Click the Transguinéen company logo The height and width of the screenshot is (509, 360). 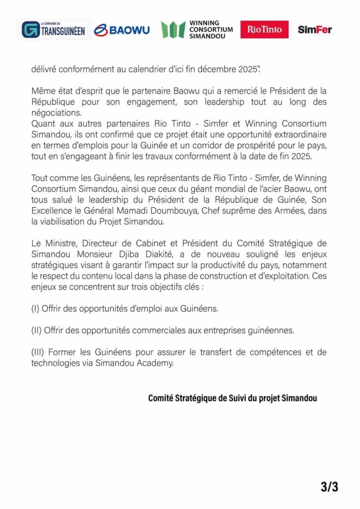pyautogui.click(x=54, y=30)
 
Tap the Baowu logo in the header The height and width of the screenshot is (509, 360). pyautogui.click(x=121, y=30)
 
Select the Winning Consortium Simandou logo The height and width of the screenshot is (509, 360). pyautogui.click(x=197, y=30)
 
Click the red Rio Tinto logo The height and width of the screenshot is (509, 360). pyautogui.click(x=264, y=30)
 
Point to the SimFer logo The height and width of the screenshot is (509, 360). pyautogui.click(x=315, y=30)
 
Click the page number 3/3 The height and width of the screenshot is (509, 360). pyautogui.click(x=329, y=487)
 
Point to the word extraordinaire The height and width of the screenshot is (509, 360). pyautogui.click(x=297, y=134)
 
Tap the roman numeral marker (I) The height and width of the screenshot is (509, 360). pyautogui.click(x=35, y=309)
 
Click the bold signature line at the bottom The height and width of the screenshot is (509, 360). pyautogui.click(x=232, y=398)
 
